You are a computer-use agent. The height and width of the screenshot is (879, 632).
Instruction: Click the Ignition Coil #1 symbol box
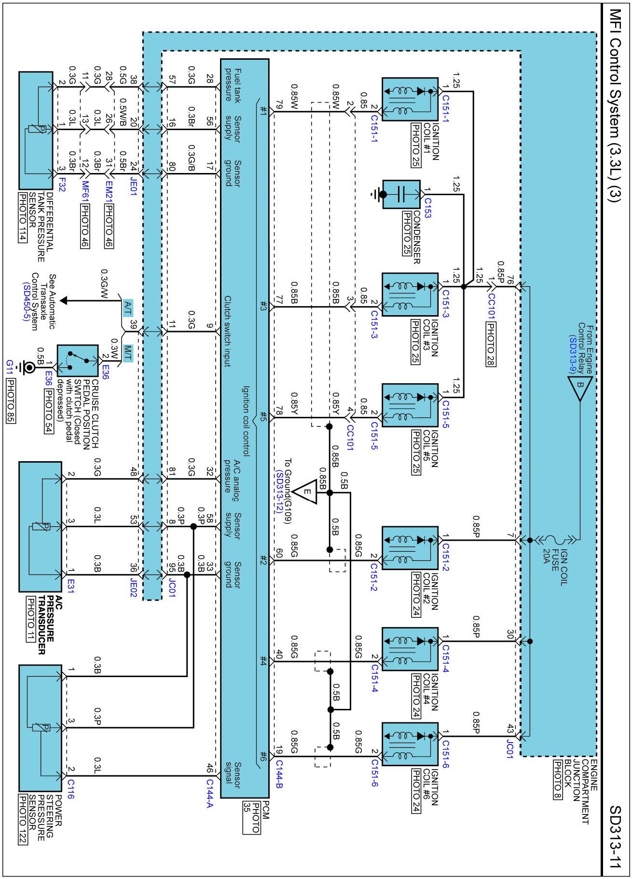point(410,99)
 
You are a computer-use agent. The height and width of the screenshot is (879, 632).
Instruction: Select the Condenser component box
point(401,194)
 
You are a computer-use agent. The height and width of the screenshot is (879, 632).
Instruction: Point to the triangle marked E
point(305,492)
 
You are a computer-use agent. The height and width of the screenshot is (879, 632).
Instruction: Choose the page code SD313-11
point(614,836)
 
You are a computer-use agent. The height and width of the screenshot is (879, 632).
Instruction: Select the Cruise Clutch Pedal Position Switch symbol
point(77,360)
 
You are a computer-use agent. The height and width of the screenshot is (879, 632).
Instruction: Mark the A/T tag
point(128,306)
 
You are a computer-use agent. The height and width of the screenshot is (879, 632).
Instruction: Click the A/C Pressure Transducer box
point(41,526)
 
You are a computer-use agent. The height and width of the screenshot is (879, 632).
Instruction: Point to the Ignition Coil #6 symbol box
point(410,744)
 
